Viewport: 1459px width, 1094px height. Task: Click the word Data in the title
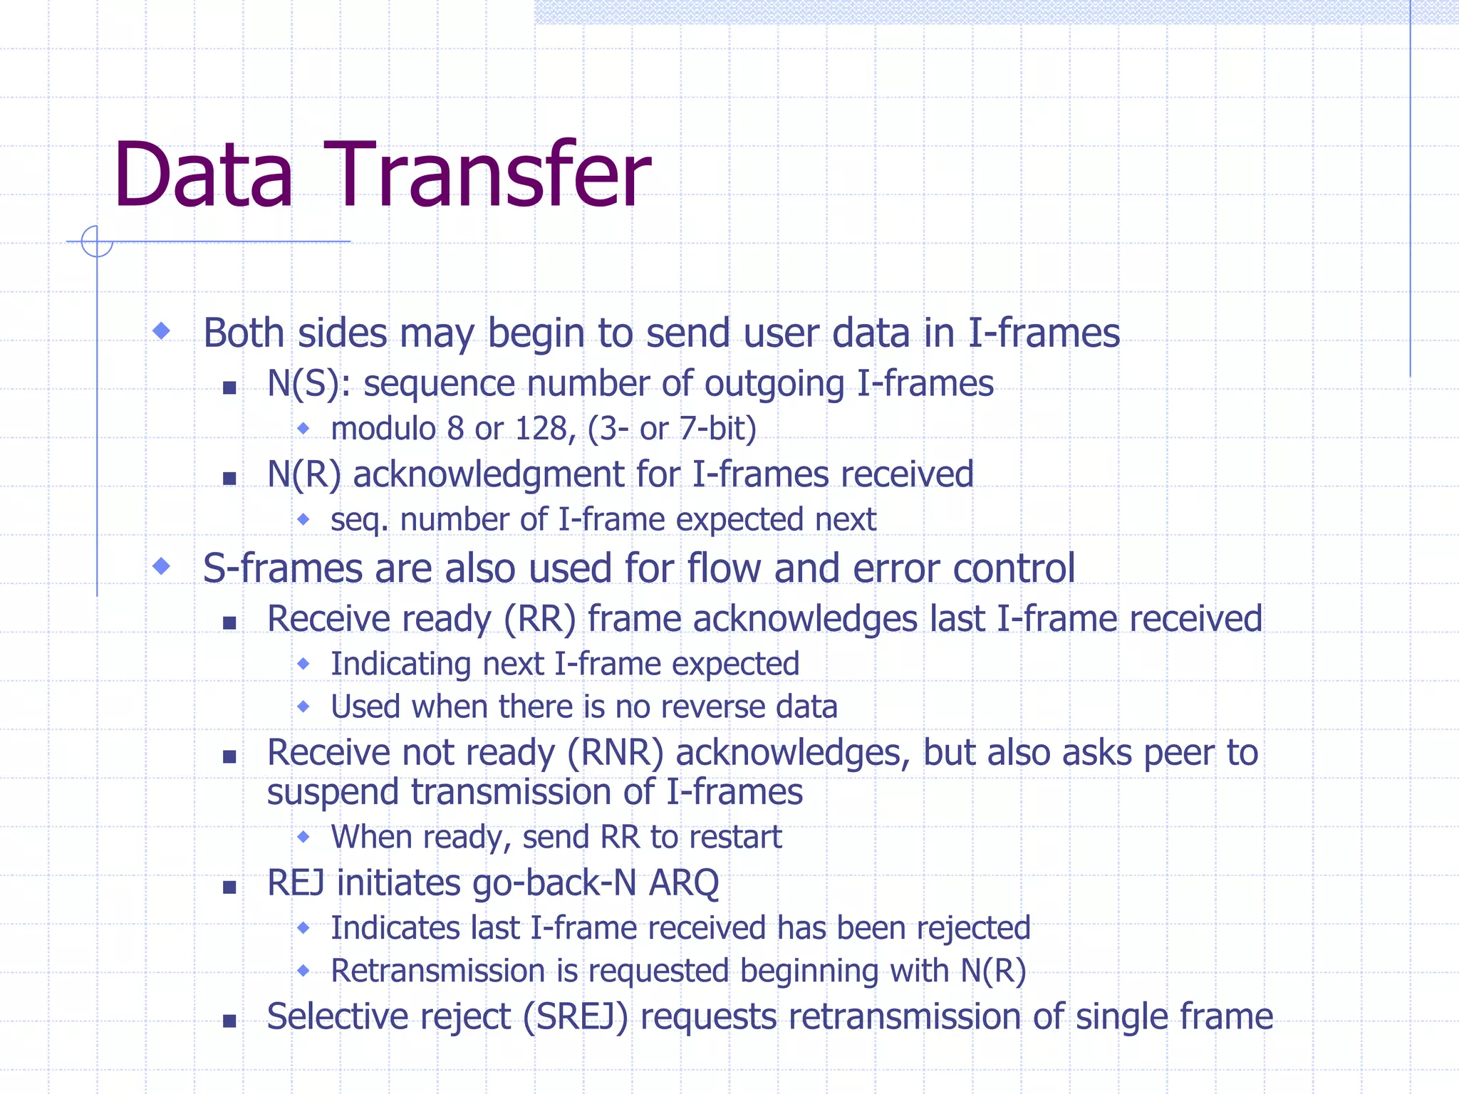pyautogui.click(x=203, y=175)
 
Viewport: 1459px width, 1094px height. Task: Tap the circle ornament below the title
pyautogui.click(x=97, y=241)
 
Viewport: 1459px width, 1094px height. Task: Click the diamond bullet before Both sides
pyautogui.click(x=162, y=330)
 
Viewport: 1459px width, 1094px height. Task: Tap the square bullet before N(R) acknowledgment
pyautogui.click(x=229, y=479)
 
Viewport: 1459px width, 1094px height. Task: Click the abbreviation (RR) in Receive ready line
pyautogui.click(x=539, y=619)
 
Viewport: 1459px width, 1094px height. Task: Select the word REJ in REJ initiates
pyautogui.click(x=296, y=883)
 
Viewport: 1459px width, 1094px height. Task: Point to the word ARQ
pyautogui.click(x=683, y=883)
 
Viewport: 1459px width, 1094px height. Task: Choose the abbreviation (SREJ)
pyautogui.click(x=576, y=1017)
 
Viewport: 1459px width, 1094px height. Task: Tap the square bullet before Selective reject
pyautogui.click(x=229, y=1021)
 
